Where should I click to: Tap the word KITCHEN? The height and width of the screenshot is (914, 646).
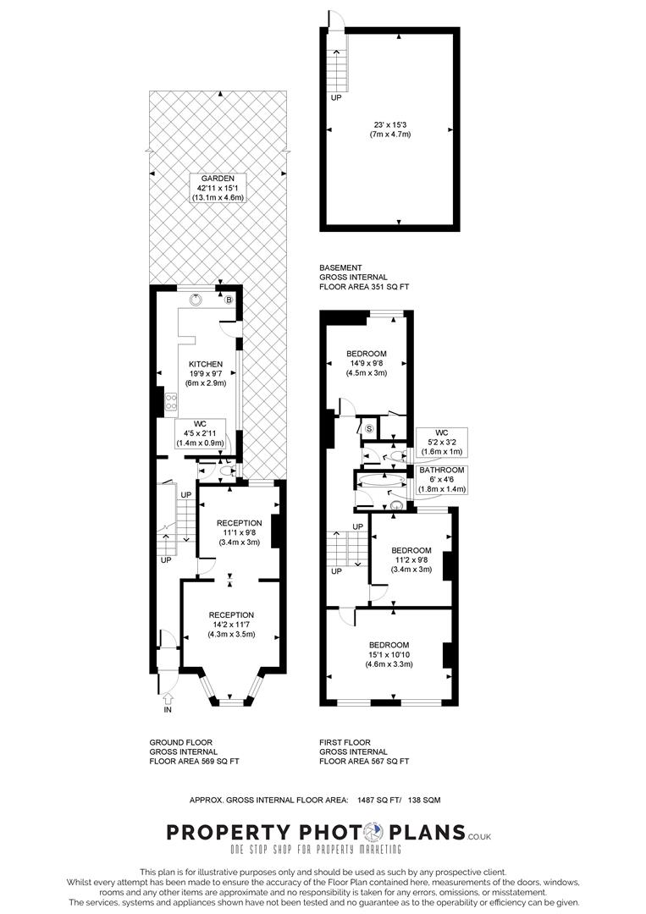[x=206, y=365]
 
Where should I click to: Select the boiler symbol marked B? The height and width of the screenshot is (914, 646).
[x=228, y=300]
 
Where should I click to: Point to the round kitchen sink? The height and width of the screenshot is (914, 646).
[x=196, y=299]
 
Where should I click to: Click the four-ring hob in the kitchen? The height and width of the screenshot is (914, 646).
[x=170, y=402]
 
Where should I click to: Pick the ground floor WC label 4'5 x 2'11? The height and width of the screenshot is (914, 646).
[x=200, y=432]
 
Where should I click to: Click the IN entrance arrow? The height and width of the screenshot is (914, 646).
[x=167, y=699]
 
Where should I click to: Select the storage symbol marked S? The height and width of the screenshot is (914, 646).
[x=370, y=429]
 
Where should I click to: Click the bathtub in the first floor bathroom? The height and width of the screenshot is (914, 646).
[x=378, y=480]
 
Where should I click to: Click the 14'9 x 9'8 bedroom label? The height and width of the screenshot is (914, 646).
[x=367, y=363]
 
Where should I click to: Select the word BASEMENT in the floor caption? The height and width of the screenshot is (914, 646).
[x=341, y=267]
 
